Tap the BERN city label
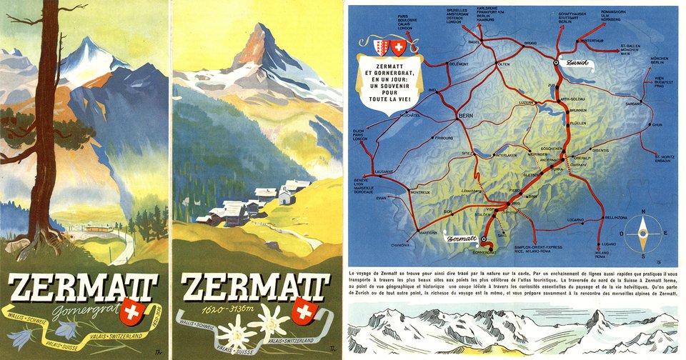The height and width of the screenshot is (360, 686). pyautogui.click(x=466, y=114)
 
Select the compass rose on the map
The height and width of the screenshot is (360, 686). pyautogui.click(x=642, y=230)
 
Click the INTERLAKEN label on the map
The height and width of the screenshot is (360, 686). pyautogui.click(x=504, y=154)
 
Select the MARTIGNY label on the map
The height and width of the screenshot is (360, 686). pyautogui.click(x=429, y=233)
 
